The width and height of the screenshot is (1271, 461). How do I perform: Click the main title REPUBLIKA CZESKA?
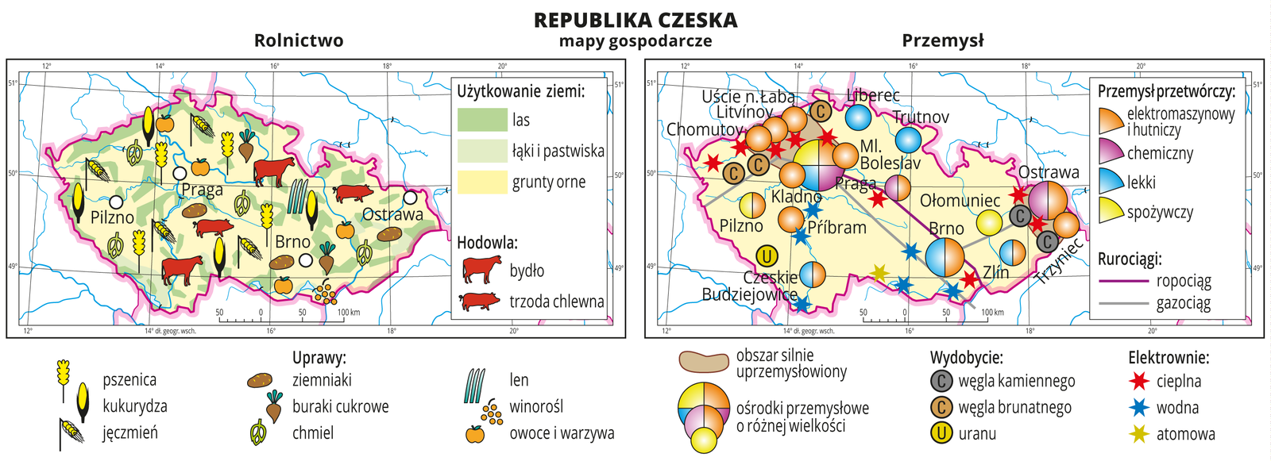635,20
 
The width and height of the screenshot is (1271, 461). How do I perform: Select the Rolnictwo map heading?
299,40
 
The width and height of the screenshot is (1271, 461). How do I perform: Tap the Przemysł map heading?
943,40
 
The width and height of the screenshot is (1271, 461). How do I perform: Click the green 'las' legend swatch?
482,120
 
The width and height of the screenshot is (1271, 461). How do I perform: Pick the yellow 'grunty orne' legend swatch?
482,182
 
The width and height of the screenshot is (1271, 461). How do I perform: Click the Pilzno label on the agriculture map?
112,217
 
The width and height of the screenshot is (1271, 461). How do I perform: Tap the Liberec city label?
873,95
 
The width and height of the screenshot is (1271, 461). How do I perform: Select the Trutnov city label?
921,117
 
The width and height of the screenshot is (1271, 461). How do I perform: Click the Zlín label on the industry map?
995,272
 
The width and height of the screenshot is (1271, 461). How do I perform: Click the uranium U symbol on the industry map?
767,255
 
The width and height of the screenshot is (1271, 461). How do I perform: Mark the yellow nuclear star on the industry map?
879,274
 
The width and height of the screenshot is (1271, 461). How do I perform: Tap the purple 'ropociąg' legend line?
1123,281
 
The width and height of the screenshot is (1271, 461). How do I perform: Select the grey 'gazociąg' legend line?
1123,302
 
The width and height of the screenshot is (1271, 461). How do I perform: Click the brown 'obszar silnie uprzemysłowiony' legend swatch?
703,362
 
